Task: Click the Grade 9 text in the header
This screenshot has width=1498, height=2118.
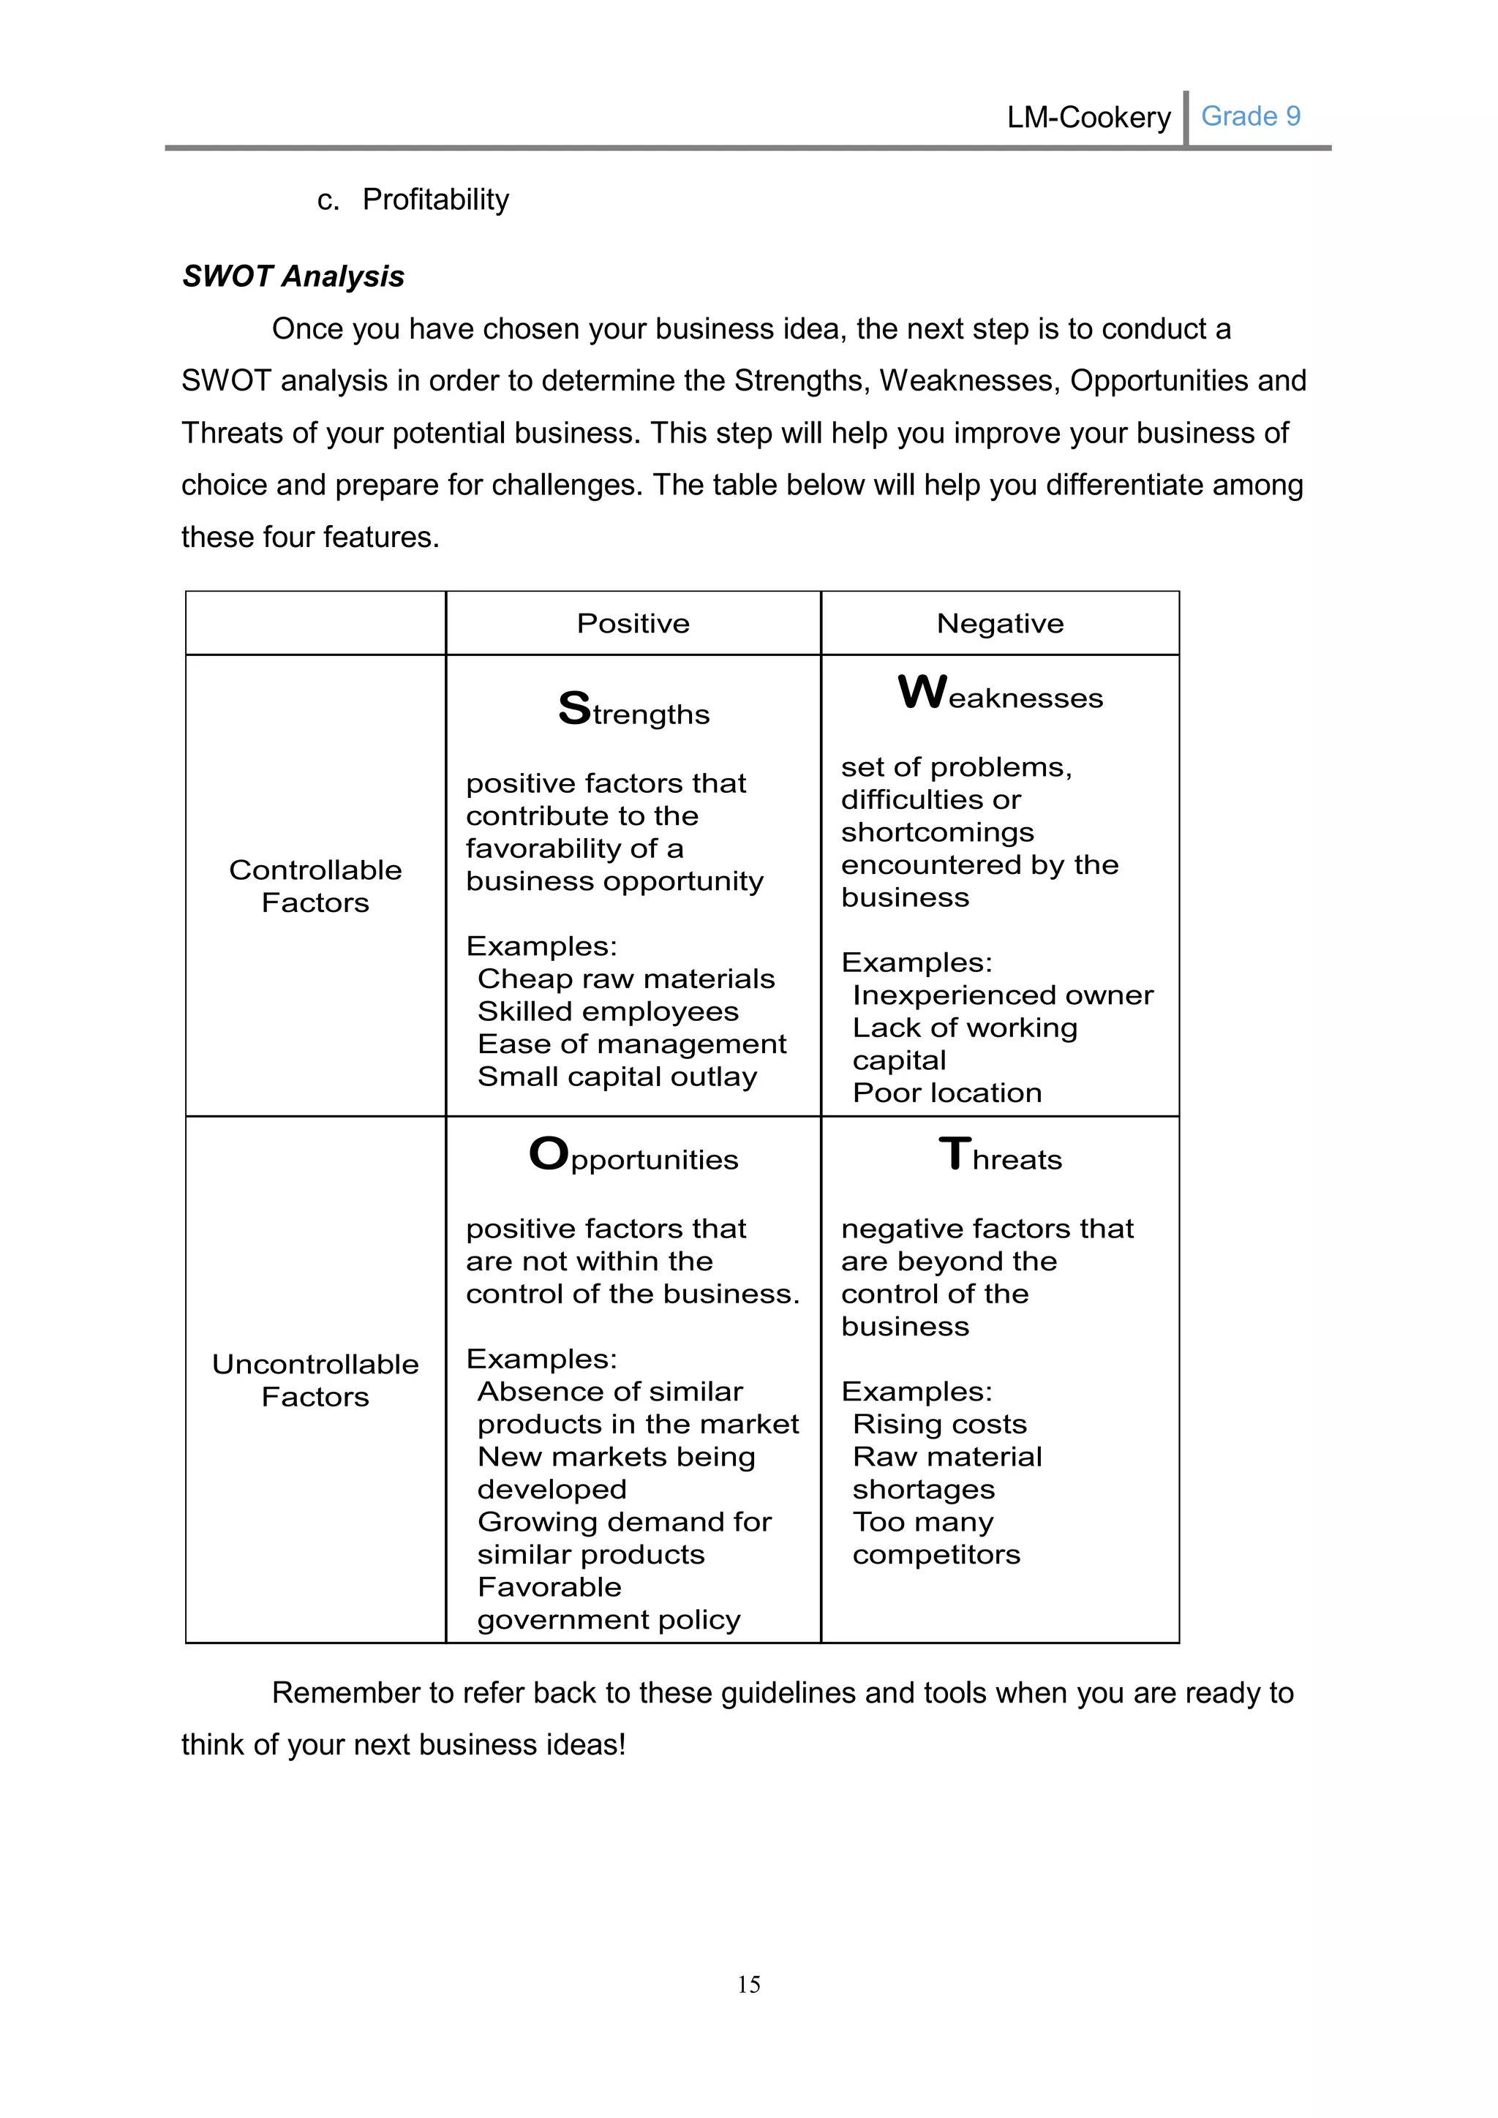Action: tap(1250, 116)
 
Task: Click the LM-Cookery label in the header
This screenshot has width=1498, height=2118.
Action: tap(1088, 117)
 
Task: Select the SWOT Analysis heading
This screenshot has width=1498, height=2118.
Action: tap(293, 276)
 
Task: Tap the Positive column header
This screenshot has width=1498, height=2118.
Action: tap(633, 624)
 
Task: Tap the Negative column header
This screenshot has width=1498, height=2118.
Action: tap(1000, 624)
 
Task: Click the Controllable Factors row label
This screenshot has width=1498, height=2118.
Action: tap(315, 886)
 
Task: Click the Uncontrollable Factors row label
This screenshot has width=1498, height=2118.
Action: tap(315, 1380)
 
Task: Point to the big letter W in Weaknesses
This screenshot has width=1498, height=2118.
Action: tap(922, 692)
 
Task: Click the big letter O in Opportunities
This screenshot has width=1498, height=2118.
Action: tap(549, 1154)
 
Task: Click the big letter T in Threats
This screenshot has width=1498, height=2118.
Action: tap(955, 1154)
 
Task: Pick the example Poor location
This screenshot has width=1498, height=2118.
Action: tap(947, 1093)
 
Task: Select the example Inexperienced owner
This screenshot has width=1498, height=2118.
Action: tap(1003, 995)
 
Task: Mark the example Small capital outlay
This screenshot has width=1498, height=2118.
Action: tap(617, 1077)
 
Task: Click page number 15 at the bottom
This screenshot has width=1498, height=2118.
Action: tap(748, 1984)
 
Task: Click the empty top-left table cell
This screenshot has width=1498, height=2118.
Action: tap(315, 624)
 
